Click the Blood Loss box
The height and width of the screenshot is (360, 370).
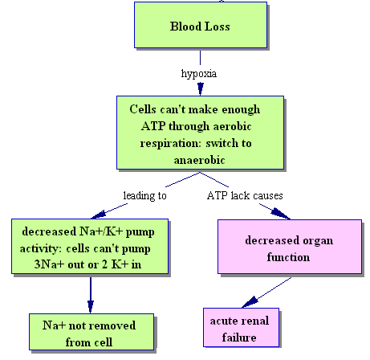pyautogui.click(x=201, y=25)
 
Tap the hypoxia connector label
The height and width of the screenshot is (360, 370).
pyautogui.click(x=199, y=74)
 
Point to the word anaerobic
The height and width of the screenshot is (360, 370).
pyautogui.click(x=199, y=160)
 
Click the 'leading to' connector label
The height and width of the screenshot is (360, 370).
pyautogui.click(x=144, y=196)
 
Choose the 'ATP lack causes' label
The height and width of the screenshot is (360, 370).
pyautogui.click(x=245, y=195)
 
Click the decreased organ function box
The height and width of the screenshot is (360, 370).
pyautogui.click(x=290, y=247)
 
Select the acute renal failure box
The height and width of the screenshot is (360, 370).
pyautogui.click(x=241, y=327)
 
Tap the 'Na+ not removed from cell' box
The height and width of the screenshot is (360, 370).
pyautogui.click(x=91, y=332)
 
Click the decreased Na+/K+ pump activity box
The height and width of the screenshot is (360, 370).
pyautogui.click(x=90, y=246)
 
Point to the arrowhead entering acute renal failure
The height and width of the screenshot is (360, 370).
pyautogui.click(x=250, y=302)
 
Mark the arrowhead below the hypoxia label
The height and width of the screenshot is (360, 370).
pyautogui.click(x=201, y=89)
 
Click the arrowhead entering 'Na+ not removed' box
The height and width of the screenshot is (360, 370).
pyautogui.click(x=91, y=307)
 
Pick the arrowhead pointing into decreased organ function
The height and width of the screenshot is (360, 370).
pyautogui.click(x=280, y=214)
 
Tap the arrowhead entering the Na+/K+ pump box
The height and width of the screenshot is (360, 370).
pyautogui.click(x=99, y=215)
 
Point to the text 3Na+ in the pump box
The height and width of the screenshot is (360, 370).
pyautogui.click(x=50, y=264)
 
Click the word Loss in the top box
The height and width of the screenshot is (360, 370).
pyautogui.click(x=217, y=27)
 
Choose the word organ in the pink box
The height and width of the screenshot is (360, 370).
pyautogui.click(x=318, y=241)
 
